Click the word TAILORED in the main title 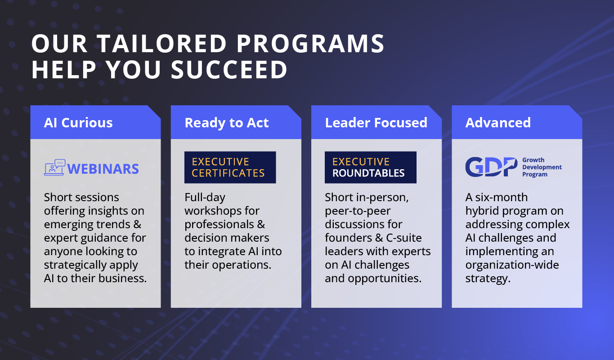click(x=162, y=44)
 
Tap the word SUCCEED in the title click(x=229, y=70)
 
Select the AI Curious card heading click(x=78, y=122)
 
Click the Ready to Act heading click(x=227, y=123)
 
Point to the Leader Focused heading click(x=376, y=122)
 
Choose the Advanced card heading click(x=498, y=122)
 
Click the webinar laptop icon click(x=55, y=167)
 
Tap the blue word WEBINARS click(x=103, y=169)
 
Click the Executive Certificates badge click(x=230, y=167)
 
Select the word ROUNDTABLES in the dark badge click(x=368, y=173)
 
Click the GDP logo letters click(x=491, y=166)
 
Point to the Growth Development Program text click(x=542, y=167)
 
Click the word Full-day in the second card click(x=205, y=198)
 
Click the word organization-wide click(x=512, y=265)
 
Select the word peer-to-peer click(x=358, y=211)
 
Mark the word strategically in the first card click(x=75, y=265)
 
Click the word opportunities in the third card click(x=385, y=279)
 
